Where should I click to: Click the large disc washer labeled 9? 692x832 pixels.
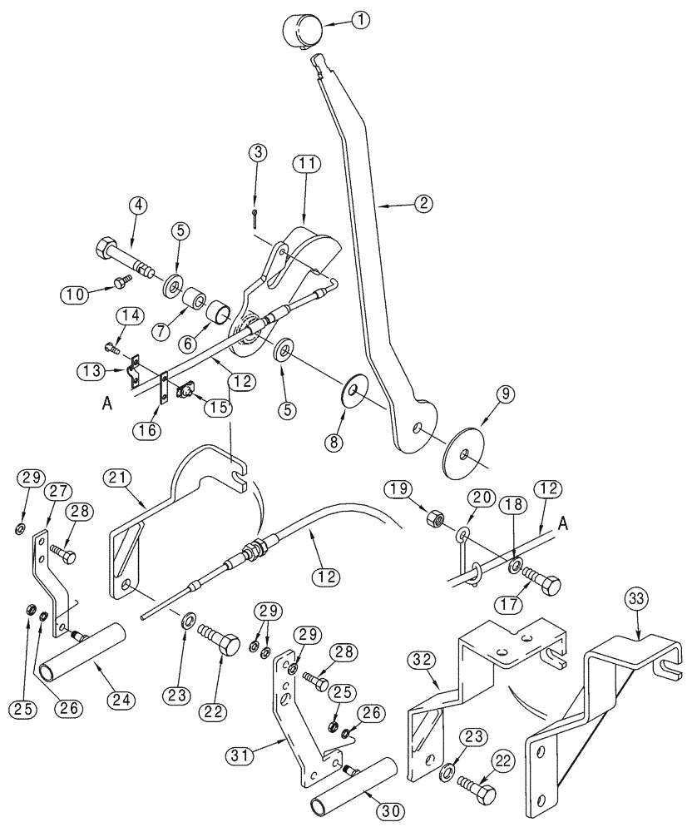click(x=462, y=455)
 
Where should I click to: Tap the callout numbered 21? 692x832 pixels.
click(x=117, y=478)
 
